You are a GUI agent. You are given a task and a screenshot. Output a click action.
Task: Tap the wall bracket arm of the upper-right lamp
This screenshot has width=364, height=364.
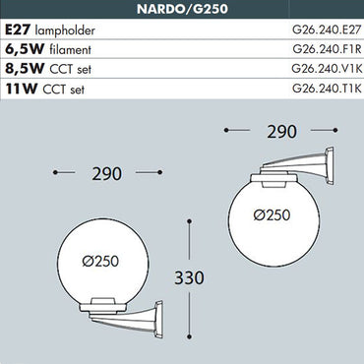(315, 167)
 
